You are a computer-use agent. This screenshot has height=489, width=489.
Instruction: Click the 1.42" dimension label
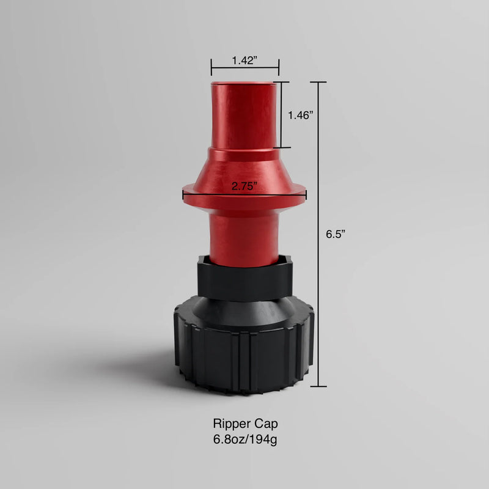tap(244, 61)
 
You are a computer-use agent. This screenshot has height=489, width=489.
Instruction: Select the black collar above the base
tap(244, 278)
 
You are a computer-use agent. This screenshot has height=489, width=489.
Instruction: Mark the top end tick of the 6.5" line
tap(318, 82)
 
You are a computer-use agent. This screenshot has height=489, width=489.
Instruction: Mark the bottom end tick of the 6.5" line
tap(318, 387)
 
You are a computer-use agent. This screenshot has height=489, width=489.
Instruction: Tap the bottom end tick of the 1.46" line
tap(281, 147)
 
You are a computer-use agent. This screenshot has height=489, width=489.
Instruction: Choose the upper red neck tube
tap(244, 116)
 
